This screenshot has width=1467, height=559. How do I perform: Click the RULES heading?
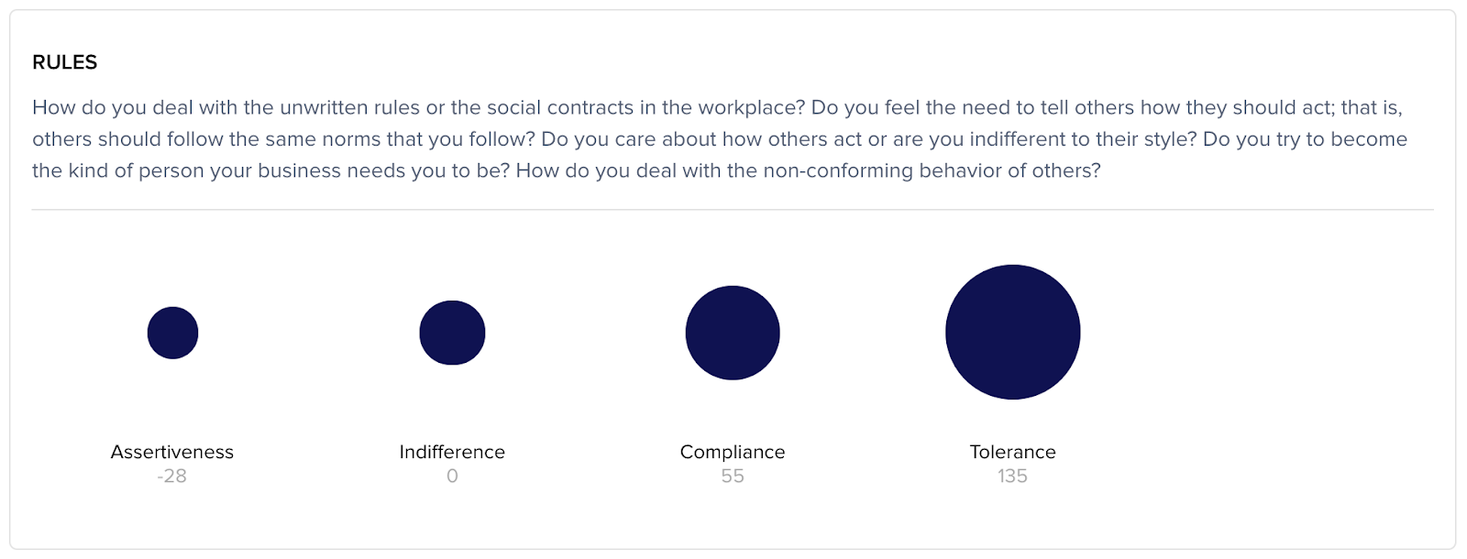point(65,62)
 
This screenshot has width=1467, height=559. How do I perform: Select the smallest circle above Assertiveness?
point(173,333)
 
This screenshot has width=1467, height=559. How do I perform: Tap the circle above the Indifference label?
point(453,333)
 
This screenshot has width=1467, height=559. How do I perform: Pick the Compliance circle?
point(733,333)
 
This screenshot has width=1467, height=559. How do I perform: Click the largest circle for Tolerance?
point(1012,332)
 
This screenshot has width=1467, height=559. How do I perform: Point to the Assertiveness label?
point(172,452)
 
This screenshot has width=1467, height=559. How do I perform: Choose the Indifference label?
point(453,452)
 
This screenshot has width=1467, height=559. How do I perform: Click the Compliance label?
point(733,452)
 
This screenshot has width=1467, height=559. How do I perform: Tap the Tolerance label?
point(1012,452)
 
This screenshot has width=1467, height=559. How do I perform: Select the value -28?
point(172,476)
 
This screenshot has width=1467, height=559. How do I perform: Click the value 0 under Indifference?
point(453,476)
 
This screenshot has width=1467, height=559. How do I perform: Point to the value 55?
point(733,476)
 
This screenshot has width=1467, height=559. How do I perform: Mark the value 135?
point(1012,476)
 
